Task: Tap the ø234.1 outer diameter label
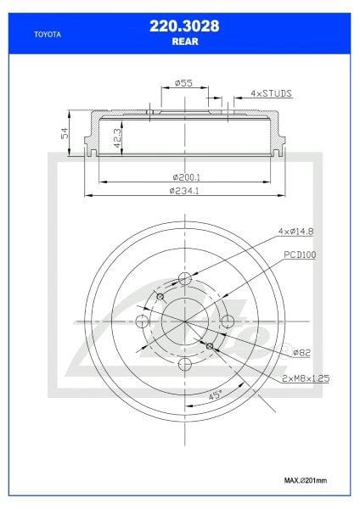pos(184,192)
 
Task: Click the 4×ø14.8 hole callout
pos(294,232)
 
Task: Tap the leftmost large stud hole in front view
pos(143,322)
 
